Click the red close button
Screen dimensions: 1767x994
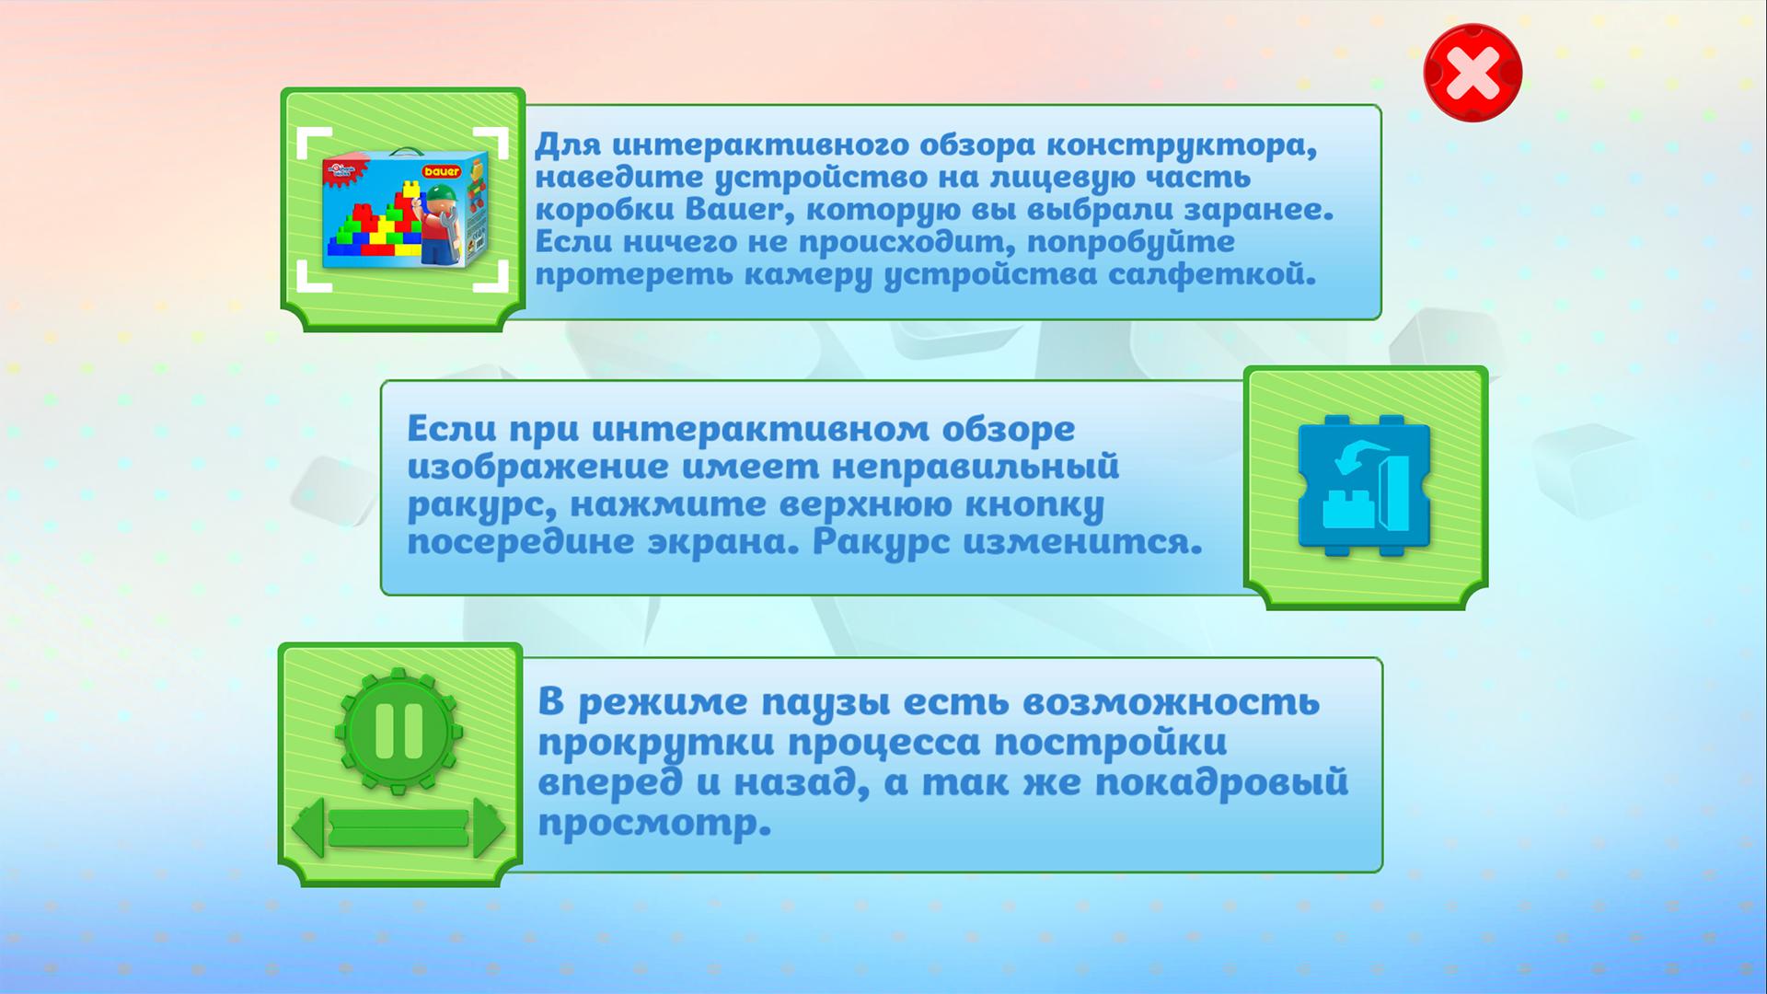[1472, 73]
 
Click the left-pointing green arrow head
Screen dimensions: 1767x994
[309, 827]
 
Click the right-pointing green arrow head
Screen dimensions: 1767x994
[489, 827]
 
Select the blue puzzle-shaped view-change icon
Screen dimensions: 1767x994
[1365, 485]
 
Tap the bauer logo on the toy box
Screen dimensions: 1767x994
[442, 171]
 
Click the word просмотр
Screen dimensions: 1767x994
[654, 825]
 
